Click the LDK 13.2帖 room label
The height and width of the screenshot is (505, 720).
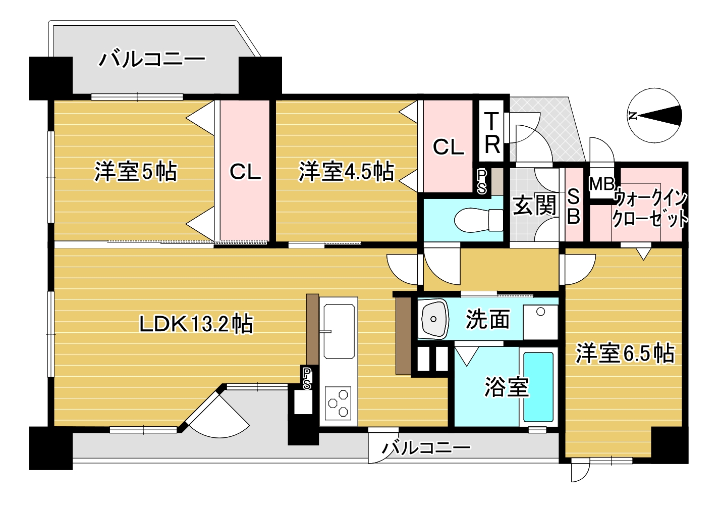[x=196, y=324]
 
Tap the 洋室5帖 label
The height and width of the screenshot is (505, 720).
[x=136, y=172]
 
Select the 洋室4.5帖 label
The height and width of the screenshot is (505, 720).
[x=346, y=172]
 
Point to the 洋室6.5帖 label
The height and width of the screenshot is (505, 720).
[x=625, y=354]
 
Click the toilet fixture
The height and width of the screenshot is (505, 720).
[x=479, y=220]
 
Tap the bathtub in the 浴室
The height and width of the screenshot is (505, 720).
[x=538, y=387]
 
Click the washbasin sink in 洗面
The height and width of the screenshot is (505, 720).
[x=433, y=319]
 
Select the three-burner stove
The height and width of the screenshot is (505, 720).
[x=338, y=403]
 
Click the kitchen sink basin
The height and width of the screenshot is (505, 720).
[x=339, y=331]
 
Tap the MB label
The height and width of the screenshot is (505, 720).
[x=601, y=184]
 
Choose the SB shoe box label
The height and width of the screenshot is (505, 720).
[x=574, y=207]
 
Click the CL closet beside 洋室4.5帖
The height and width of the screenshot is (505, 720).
[x=449, y=147]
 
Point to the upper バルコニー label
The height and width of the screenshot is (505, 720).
[x=152, y=60]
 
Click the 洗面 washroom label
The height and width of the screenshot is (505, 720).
[x=487, y=319]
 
